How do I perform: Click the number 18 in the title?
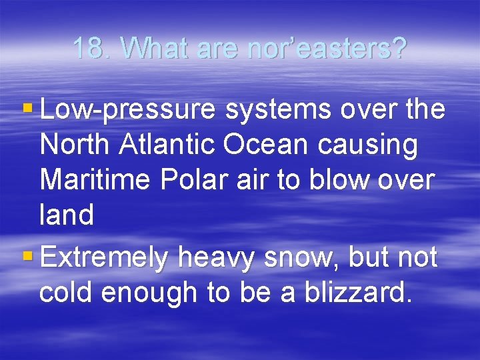coord(87,48)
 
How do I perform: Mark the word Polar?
coord(177,181)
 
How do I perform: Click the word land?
coord(67,216)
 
